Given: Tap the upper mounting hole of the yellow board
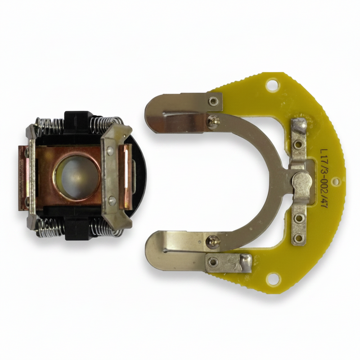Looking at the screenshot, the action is pyautogui.click(x=273, y=85).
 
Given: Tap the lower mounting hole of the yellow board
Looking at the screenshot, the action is pyautogui.click(x=274, y=278).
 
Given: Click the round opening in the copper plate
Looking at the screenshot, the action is pyautogui.click(x=77, y=177).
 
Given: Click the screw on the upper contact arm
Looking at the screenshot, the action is pyautogui.click(x=213, y=121).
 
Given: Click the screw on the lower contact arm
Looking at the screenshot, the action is pyautogui.click(x=212, y=242).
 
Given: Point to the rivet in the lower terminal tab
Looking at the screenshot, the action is pyautogui.click(x=213, y=261).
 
